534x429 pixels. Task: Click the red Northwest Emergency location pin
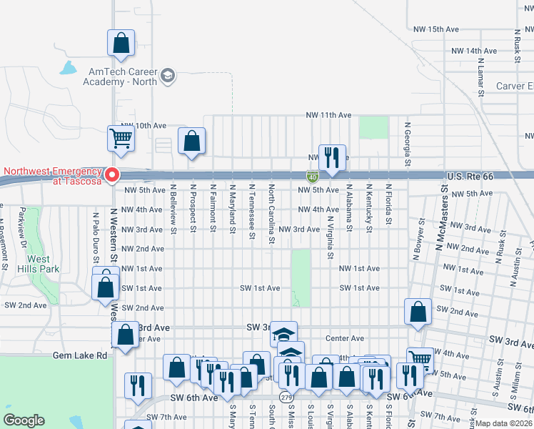click(112, 174)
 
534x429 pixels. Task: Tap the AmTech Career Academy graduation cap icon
click(168, 76)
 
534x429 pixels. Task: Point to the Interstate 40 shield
click(313, 175)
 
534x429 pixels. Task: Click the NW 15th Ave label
click(435, 29)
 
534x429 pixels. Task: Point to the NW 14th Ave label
click(474, 51)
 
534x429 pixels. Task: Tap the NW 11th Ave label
click(329, 115)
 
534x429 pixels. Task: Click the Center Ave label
click(345, 338)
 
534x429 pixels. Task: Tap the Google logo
click(24, 420)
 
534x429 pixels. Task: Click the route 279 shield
click(286, 397)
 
